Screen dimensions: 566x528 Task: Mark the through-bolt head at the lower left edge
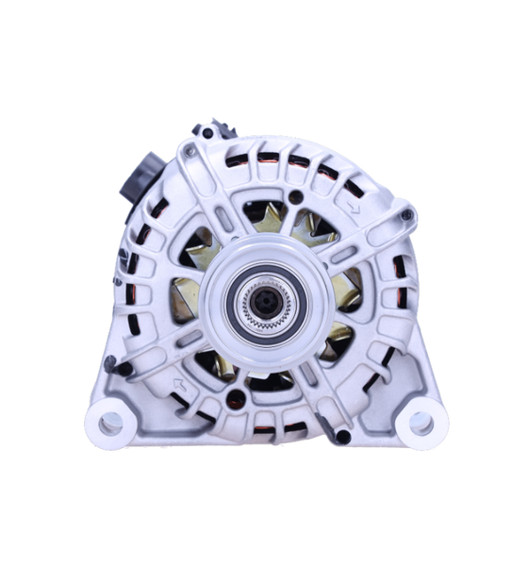(110, 361)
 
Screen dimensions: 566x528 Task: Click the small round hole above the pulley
(297, 196)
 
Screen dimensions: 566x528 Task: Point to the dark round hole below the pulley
(239, 398)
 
